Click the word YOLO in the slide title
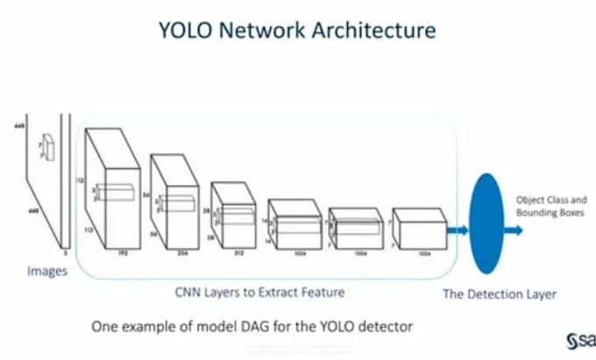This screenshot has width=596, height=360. pos(188,30)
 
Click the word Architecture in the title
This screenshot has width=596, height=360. pos(380,30)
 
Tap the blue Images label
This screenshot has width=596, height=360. pos(46,272)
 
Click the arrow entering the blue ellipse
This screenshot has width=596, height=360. pos(457,231)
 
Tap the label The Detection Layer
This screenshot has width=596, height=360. pos(499,294)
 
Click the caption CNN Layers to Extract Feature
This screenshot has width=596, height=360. pos(273,291)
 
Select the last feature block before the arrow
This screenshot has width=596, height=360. pos(419,230)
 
